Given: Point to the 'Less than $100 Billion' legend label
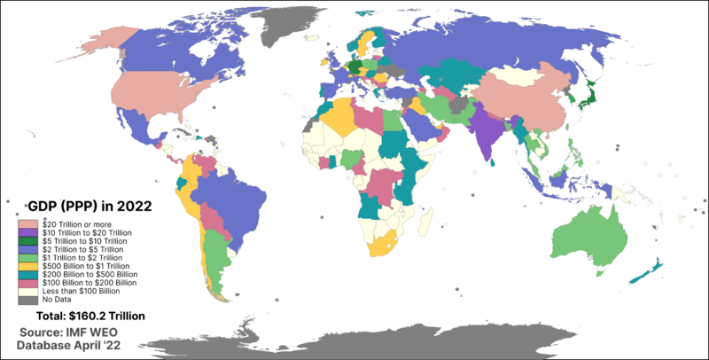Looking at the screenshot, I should coord(81,291).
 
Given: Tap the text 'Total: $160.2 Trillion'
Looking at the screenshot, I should coord(90,316).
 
